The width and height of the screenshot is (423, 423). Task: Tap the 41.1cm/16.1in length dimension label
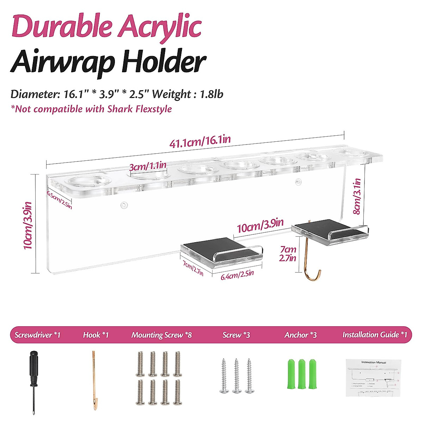click(200, 142)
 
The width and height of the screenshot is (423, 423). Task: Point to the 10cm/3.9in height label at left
click(28, 225)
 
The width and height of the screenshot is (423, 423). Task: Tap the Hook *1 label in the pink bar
click(96, 335)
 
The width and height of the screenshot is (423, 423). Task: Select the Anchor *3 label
click(300, 335)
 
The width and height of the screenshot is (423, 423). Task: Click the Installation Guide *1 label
click(375, 335)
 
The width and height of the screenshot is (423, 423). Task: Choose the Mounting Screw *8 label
click(161, 335)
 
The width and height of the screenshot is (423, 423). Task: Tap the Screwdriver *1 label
click(37, 335)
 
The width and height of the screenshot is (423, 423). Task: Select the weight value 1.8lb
click(211, 94)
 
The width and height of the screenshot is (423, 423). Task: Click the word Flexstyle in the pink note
click(154, 109)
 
